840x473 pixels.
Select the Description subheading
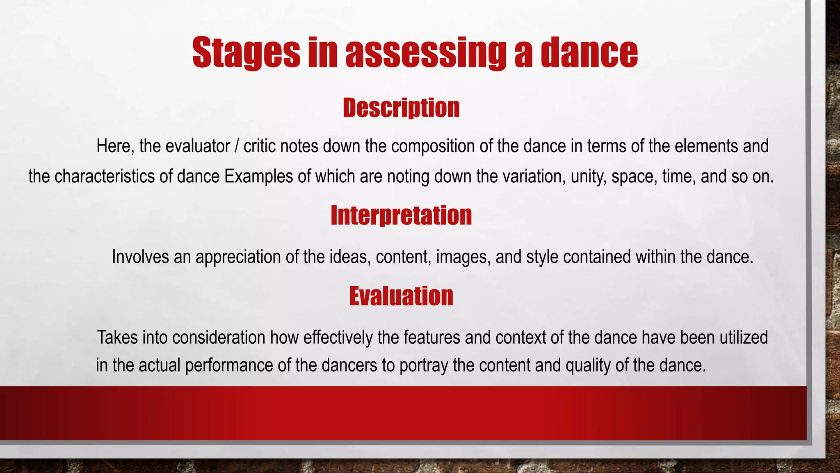click(x=401, y=108)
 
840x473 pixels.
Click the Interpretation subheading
click(x=401, y=215)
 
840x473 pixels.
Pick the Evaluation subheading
click(x=401, y=296)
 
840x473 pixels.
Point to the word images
click(x=463, y=257)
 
